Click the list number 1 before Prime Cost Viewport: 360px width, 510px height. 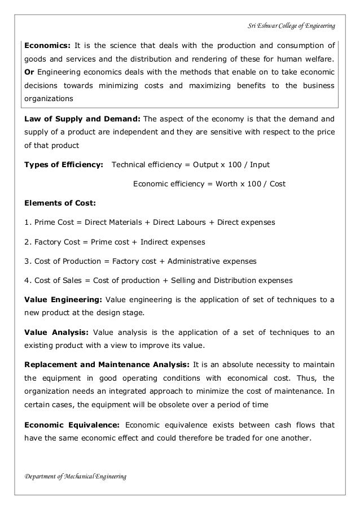(x=26, y=223)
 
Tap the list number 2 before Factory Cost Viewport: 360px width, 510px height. (x=26, y=242)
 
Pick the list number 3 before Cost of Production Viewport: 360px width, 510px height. (x=26, y=261)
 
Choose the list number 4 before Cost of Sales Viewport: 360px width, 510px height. (x=26, y=280)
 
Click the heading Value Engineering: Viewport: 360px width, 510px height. (x=62, y=299)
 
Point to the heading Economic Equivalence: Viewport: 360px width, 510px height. (x=71, y=424)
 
